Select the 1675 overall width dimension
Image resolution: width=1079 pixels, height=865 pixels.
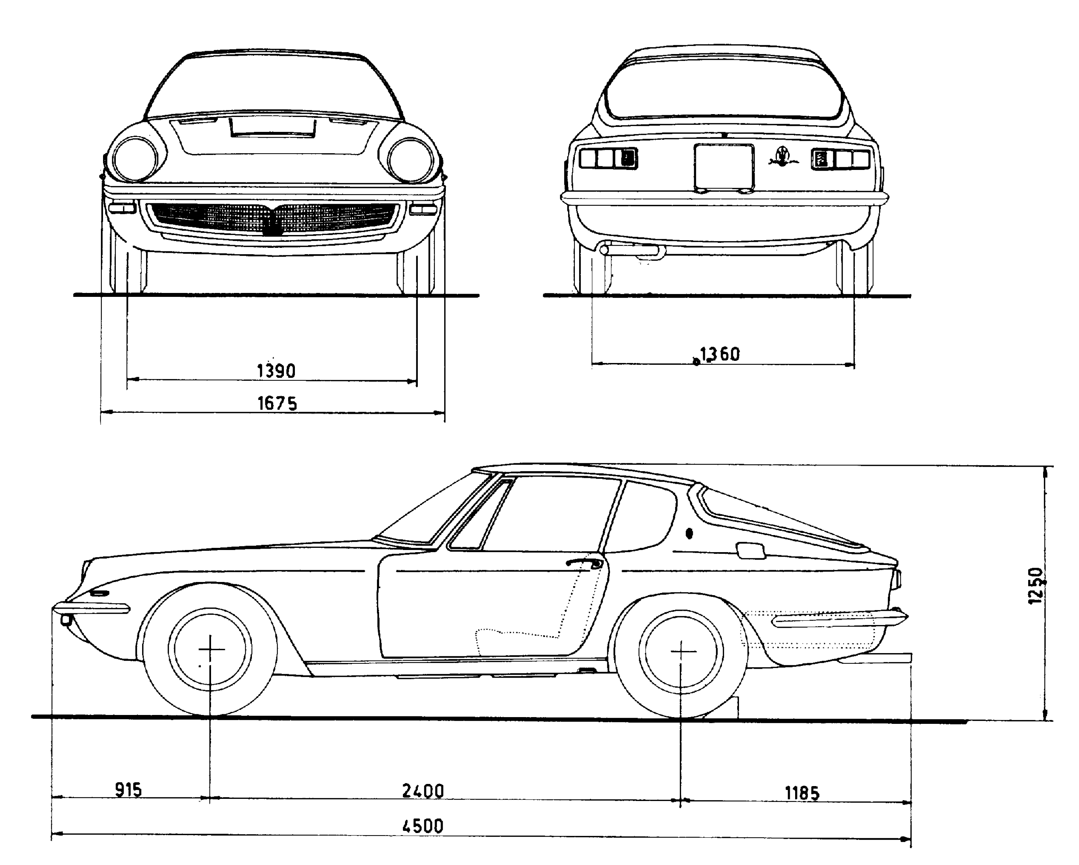click(x=277, y=403)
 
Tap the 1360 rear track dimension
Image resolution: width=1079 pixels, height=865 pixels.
click(x=720, y=354)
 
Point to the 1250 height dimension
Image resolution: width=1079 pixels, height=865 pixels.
click(x=1035, y=586)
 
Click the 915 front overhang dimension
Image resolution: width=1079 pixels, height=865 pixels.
click(x=129, y=790)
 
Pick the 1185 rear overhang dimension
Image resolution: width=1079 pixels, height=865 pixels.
click(x=802, y=794)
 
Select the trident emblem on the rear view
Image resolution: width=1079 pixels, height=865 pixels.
click(x=782, y=156)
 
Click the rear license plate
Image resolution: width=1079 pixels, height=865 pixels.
click(x=724, y=167)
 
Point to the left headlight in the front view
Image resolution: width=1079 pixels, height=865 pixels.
click(x=135, y=159)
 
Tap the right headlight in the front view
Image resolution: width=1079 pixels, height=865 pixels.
click(x=410, y=160)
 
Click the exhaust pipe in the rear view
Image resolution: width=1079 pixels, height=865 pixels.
click(x=633, y=250)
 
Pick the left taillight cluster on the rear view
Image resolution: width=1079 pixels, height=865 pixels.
click(x=608, y=158)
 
